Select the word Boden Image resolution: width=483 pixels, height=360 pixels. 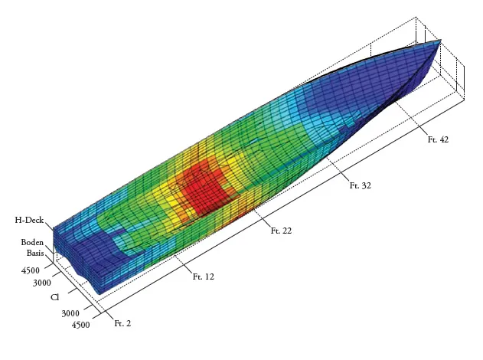pyautogui.click(x=32, y=242)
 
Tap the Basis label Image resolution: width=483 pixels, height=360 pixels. pyautogui.click(x=34, y=253)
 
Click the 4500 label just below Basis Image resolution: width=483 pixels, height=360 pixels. pyautogui.click(x=31, y=270)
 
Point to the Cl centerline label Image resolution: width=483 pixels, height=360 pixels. pyautogui.click(x=56, y=297)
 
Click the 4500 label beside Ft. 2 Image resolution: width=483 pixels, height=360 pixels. pyautogui.click(x=80, y=325)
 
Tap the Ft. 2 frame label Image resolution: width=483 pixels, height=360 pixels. pyautogui.click(x=122, y=324)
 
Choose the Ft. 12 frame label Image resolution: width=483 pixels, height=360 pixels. pyautogui.click(x=203, y=277)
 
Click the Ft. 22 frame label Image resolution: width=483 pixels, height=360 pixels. pyautogui.click(x=281, y=231)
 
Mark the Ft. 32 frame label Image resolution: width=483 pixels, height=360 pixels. pyautogui.click(x=360, y=185)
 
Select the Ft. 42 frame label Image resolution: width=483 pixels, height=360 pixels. pyautogui.click(x=438, y=139)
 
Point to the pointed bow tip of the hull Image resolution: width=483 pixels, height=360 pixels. pyautogui.click(x=440, y=41)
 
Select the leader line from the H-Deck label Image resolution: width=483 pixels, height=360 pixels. pyautogui.click(x=50, y=226)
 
